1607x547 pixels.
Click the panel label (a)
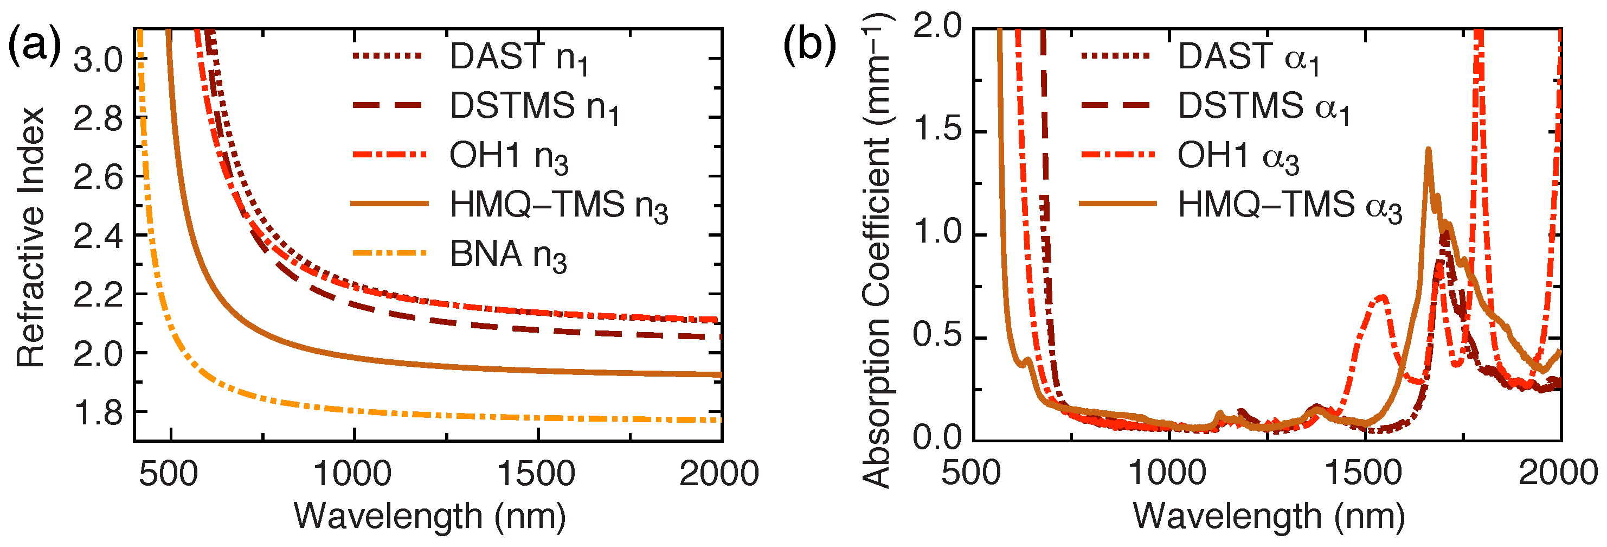[34, 47]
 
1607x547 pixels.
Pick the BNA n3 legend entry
[508, 255]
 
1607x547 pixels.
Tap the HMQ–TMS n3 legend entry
[558, 205]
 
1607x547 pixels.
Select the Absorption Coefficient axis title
[877, 250]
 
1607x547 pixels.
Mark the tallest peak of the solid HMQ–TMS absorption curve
[1428, 150]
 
